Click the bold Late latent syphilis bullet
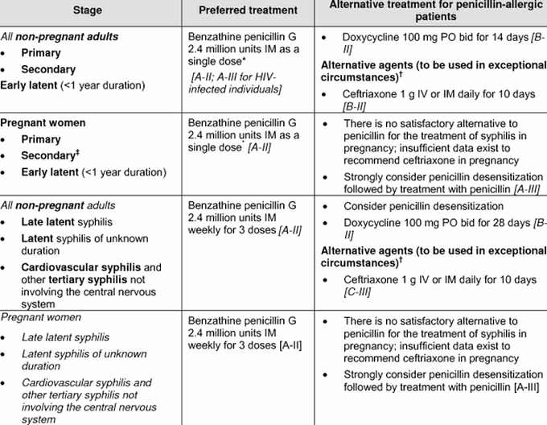[66, 221]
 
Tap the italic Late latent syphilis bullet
[65, 337]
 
